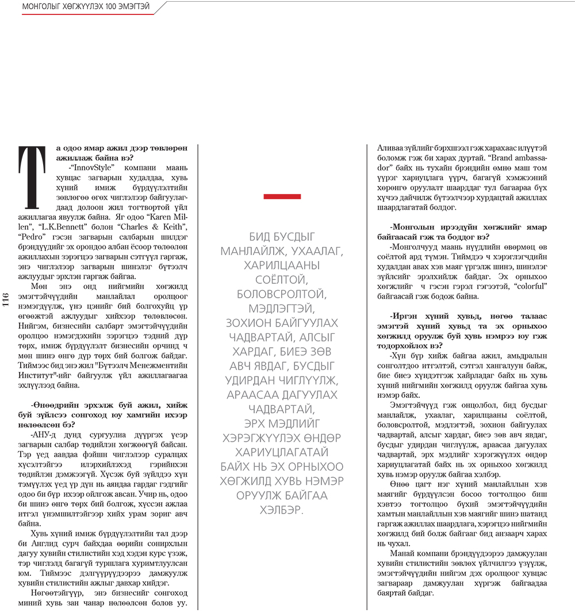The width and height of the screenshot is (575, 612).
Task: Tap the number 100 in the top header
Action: [109, 7]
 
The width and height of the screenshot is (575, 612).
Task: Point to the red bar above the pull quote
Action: [282, 196]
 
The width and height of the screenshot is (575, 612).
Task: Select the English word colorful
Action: [528, 286]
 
